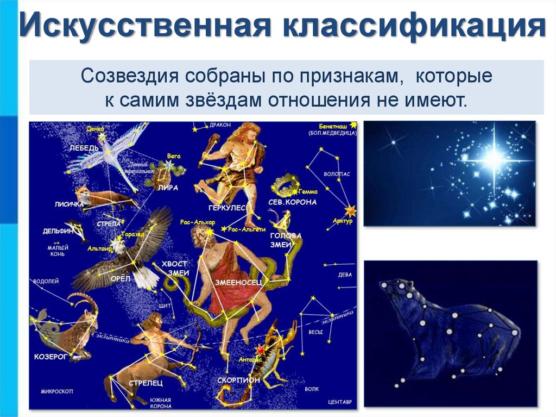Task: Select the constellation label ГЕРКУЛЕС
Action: [226, 208]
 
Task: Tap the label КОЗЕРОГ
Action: [49, 356]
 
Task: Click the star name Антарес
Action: [250, 359]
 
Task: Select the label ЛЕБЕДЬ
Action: [84, 148]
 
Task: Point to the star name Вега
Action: [174, 156]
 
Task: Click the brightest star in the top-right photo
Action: [493, 159]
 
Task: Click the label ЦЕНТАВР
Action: [340, 402]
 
